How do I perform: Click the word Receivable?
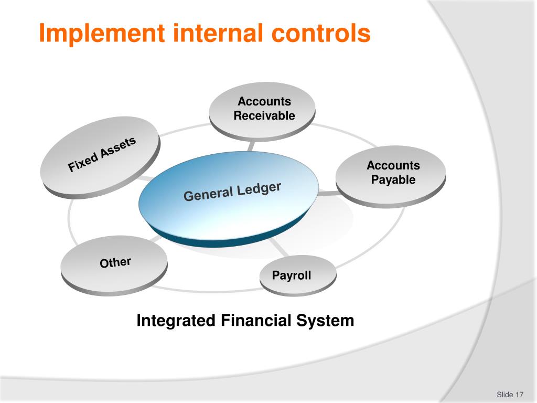click(x=264, y=116)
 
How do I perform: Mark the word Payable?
click(x=393, y=180)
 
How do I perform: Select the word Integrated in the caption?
click(x=176, y=320)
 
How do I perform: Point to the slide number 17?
click(x=520, y=395)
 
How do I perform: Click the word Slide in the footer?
click(x=504, y=395)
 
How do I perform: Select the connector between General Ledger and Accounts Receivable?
click(x=253, y=146)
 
